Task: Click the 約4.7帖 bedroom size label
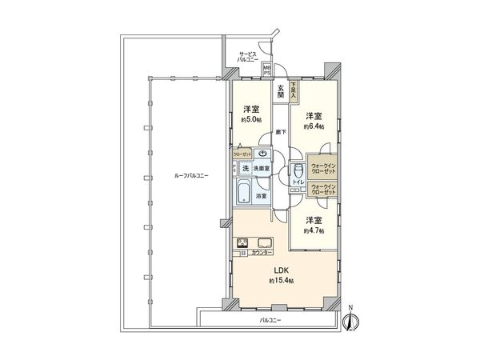[x=312, y=230]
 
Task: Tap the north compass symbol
[x=349, y=320]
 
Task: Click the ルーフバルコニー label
[x=182, y=176]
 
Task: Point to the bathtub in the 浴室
[x=245, y=193]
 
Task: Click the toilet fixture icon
[x=298, y=170]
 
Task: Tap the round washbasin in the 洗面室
[x=263, y=154]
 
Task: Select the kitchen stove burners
[x=243, y=243]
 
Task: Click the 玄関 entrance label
[x=281, y=92]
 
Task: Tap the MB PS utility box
[x=278, y=70]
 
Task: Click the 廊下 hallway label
[x=280, y=130]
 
